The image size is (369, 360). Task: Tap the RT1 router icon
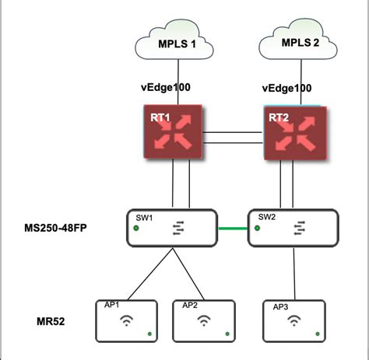pyautogui.click(x=173, y=131)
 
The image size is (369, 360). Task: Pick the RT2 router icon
pyautogui.click(x=295, y=133)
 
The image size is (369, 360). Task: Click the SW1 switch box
pyautogui.click(x=172, y=228)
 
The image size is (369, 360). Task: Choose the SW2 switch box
pyautogui.click(x=293, y=228)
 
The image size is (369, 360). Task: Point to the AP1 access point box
pyautogui.click(x=126, y=321)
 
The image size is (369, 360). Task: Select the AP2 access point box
pyautogui.click(x=204, y=321)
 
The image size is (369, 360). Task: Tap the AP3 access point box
pyautogui.click(x=294, y=321)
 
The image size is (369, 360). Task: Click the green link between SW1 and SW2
pyautogui.click(x=233, y=229)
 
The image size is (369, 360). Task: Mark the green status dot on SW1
pyautogui.click(x=136, y=228)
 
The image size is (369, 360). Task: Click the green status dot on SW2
pyautogui.click(x=257, y=228)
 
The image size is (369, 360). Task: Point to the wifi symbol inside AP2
pyautogui.click(x=204, y=320)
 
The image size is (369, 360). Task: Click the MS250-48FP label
pyautogui.click(x=55, y=228)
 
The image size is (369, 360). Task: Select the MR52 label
pyautogui.click(x=51, y=321)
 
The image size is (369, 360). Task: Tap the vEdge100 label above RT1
pyautogui.click(x=166, y=87)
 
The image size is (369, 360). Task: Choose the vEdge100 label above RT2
pyautogui.click(x=286, y=89)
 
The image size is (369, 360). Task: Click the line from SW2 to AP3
pyautogui.click(x=294, y=274)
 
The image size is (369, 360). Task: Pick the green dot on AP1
pyautogui.click(x=149, y=334)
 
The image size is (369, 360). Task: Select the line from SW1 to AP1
pyautogui.click(x=150, y=274)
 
